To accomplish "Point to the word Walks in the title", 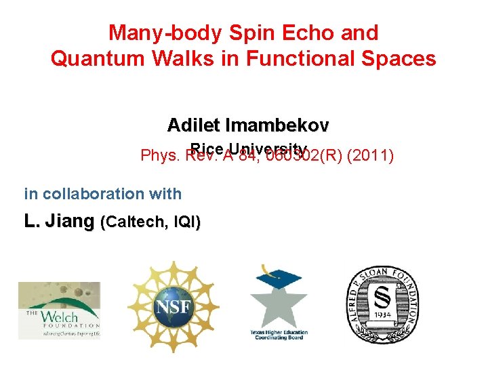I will tap(178, 59).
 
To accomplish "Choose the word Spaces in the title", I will tap(399, 59).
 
